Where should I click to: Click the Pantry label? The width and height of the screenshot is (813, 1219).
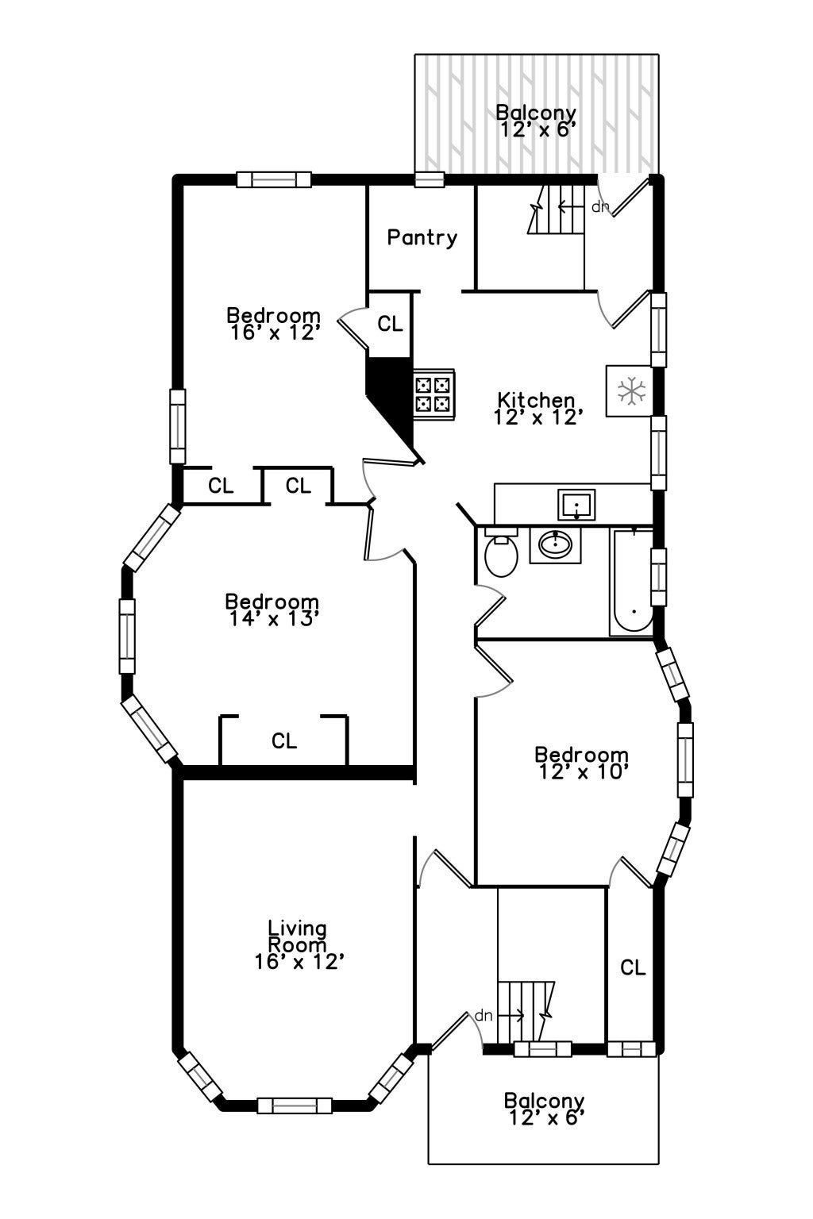[422, 238]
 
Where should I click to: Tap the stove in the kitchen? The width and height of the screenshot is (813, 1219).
[434, 394]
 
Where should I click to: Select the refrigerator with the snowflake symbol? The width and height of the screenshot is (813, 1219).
[629, 390]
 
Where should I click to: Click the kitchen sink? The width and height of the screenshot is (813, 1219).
[576, 505]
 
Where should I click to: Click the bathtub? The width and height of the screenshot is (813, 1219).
[632, 581]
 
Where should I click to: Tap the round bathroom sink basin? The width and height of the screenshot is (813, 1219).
[555, 543]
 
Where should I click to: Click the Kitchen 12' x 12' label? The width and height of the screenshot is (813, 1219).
[537, 408]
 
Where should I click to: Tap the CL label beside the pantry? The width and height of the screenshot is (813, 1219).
[390, 324]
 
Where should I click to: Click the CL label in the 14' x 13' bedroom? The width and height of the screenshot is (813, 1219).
[284, 740]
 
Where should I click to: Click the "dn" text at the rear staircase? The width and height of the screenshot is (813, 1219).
[599, 207]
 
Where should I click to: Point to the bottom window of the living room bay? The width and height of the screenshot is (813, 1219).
[295, 1106]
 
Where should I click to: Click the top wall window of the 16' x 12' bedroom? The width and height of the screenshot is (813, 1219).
[274, 179]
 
